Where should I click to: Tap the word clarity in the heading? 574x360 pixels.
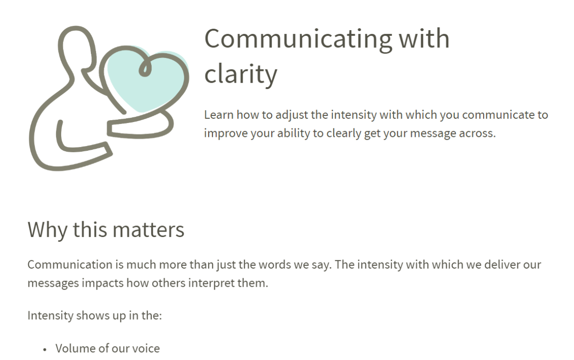click(241, 74)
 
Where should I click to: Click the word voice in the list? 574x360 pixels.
click(145, 349)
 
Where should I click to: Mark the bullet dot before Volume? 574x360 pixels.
click(45, 349)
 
